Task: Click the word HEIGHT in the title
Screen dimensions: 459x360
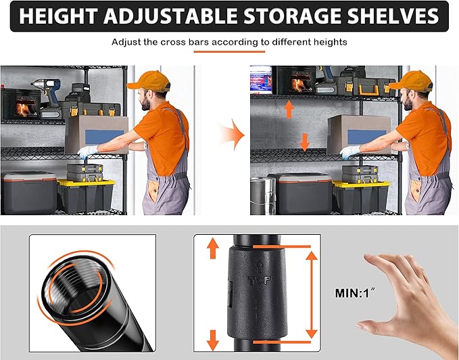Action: [x=58, y=16]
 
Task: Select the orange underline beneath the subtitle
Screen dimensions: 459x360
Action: [x=229, y=52]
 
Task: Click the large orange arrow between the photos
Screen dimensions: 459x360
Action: [x=232, y=135]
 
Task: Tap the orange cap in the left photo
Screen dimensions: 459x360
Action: [x=149, y=81]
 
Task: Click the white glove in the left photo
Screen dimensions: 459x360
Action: [x=87, y=152]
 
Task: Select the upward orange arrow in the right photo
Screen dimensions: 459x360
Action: [x=289, y=109]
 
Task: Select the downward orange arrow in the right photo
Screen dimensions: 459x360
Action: [x=305, y=142]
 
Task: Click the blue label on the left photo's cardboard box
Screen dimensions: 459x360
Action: [x=105, y=137]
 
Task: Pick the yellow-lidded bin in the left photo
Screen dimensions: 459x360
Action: [x=86, y=196]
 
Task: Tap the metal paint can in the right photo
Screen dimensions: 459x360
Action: [x=262, y=196]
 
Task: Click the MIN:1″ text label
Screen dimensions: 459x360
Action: [x=354, y=292]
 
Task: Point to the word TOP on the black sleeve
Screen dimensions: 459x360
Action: [x=260, y=280]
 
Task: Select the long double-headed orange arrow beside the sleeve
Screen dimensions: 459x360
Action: [x=312, y=294]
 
